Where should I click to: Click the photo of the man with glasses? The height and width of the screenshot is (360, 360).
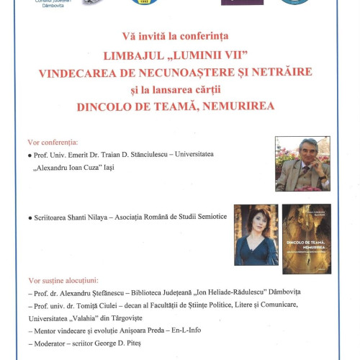tap(302, 163)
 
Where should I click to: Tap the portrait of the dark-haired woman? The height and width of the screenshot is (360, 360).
tap(256, 234)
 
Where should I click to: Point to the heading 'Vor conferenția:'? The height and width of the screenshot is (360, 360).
tap(53, 142)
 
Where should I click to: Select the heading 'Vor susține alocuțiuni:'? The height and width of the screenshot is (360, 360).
tap(63, 280)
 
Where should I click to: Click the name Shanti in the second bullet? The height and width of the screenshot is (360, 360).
tap(84, 217)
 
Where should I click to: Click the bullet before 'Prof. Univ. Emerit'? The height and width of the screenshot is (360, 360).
tap(30, 155)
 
